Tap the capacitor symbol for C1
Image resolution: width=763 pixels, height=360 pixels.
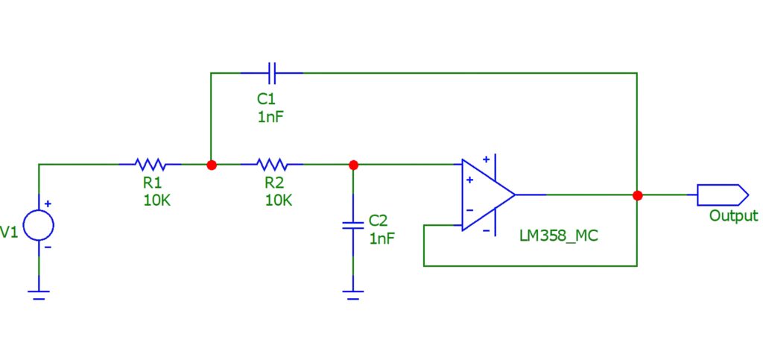(x=272, y=73)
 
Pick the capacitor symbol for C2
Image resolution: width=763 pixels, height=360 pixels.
(x=353, y=224)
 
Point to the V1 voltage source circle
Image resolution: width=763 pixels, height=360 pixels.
(x=38, y=225)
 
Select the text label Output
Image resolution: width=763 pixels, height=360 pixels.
(x=733, y=216)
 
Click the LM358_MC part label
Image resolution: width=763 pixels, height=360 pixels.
(x=559, y=236)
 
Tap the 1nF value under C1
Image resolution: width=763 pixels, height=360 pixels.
(x=270, y=116)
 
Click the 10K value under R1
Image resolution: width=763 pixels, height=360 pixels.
(x=156, y=199)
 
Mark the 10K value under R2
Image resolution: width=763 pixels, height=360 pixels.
(x=279, y=199)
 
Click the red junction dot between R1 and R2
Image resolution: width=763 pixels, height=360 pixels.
(x=211, y=165)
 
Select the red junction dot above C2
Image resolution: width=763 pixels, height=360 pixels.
(x=353, y=165)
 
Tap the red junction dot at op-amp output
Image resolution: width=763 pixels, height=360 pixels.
(x=637, y=195)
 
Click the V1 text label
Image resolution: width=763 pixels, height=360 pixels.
(x=9, y=233)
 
